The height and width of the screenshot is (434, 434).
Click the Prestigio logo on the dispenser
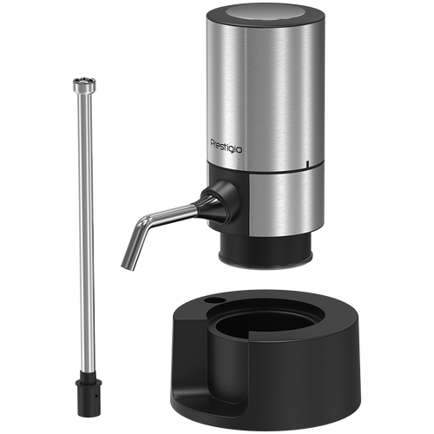226,147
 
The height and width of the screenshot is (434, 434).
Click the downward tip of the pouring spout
128,266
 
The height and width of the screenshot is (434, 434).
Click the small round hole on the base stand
214,300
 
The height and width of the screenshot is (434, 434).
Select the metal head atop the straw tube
84,84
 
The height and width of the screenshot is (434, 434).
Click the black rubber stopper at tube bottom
89,394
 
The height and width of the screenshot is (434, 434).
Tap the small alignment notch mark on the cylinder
307,163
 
